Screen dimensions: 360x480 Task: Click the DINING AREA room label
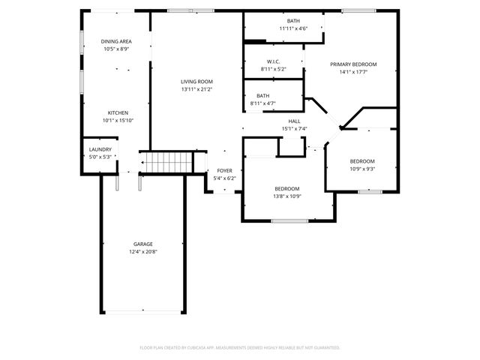pyautogui.click(x=116, y=41)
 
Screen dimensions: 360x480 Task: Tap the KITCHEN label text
pyautogui.click(x=116, y=112)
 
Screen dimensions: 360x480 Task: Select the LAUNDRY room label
pyautogui.click(x=100, y=150)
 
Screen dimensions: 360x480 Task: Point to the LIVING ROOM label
pyautogui.click(x=196, y=82)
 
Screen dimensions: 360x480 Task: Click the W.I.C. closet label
pyautogui.click(x=273, y=61)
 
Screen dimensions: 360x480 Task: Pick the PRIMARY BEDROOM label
pyautogui.click(x=353, y=64)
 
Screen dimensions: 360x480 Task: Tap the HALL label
pyautogui.click(x=294, y=121)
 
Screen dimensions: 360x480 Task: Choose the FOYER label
pyautogui.click(x=224, y=171)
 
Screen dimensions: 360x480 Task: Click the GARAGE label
pyautogui.click(x=143, y=244)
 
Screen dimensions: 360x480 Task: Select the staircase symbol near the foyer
pyautogui.click(x=161, y=161)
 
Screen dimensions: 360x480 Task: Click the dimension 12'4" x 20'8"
pyautogui.click(x=143, y=252)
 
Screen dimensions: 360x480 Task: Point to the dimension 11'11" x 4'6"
pyautogui.click(x=293, y=28)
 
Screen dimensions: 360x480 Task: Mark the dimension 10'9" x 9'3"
pyautogui.click(x=361, y=169)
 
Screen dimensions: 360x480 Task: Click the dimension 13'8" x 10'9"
pyautogui.click(x=286, y=196)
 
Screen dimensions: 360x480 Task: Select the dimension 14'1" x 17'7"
pyautogui.click(x=353, y=73)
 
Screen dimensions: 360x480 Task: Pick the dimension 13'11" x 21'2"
pyautogui.click(x=196, y=89)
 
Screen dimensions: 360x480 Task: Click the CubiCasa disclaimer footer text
pyautogui.click(x=240, y=348)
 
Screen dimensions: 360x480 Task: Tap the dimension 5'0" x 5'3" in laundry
pyautogui.click(x=100, y=157)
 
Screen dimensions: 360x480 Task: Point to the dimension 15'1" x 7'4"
pyautogui.click(x=294, y=128)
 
